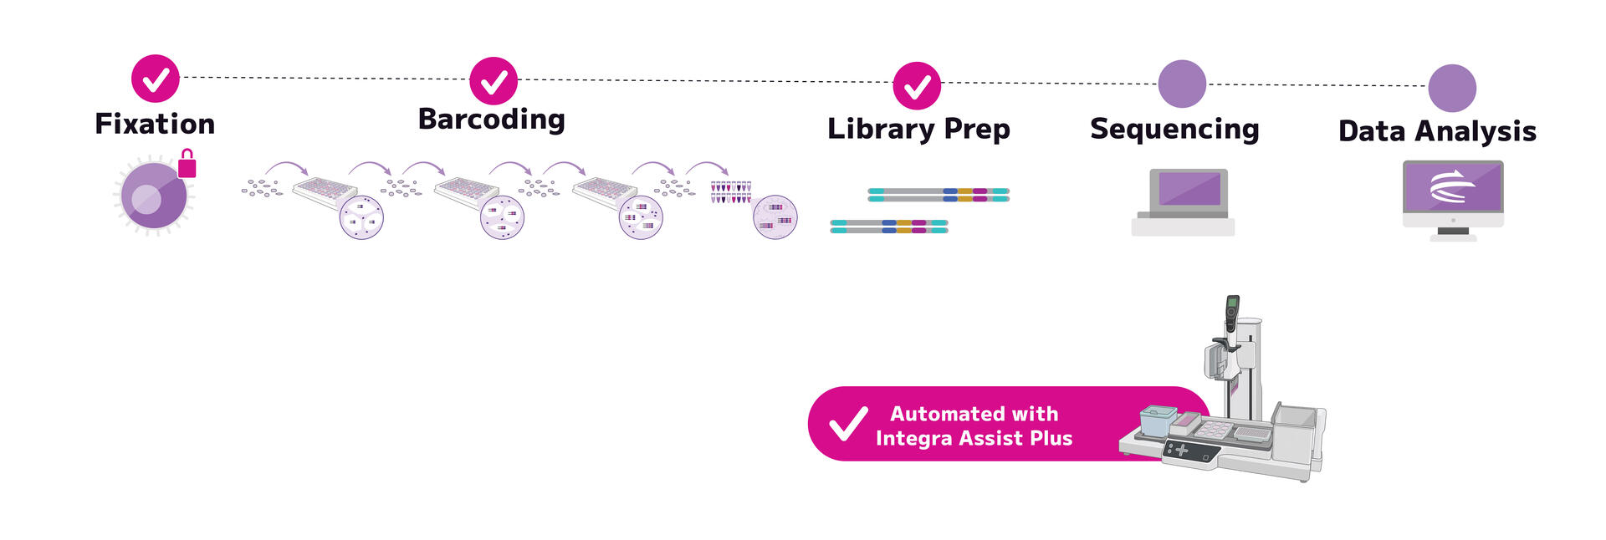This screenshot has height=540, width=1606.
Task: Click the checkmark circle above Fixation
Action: coord(156,79)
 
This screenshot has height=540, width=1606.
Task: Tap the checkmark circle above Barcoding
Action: coord(494,81)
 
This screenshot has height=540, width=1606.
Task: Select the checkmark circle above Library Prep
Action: coord(917,85)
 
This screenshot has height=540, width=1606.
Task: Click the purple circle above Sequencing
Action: coord(1182,84)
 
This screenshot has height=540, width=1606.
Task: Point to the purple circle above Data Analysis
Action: coord(1452,88)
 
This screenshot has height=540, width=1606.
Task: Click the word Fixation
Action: coord(155,125)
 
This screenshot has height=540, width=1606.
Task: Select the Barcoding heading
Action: coord(491,120)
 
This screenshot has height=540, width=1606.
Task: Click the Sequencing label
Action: coord(1174,130)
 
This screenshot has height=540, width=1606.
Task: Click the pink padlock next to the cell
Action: coord(187,164)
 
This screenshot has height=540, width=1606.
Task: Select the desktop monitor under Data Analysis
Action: coord(1453,189)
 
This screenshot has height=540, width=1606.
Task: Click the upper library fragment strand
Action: coord(939,195)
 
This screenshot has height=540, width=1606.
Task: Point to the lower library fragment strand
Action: coord(888,226)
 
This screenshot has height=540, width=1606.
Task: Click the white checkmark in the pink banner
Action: coord(849,424)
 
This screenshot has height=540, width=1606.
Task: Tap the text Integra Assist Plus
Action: coord(974,439)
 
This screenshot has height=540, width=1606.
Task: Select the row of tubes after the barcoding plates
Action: coord(731,192)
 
